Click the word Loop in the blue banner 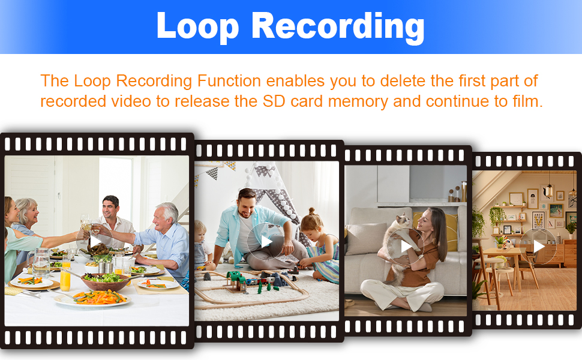coord(197,26)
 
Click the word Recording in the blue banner coord(338,26)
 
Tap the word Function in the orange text coord(229,80)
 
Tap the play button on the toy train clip coord(266,242)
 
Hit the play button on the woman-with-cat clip coord(406,245)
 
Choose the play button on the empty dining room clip coord(538,246)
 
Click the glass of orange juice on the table coord(65,276)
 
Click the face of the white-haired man coord(162,219)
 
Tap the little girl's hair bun coord(311,212)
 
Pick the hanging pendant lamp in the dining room coord(549,190)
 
